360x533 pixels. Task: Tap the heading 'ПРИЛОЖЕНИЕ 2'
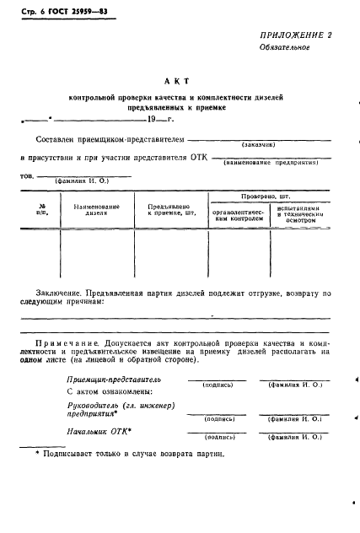[295, 58]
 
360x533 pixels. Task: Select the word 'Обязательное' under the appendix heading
[285, 71]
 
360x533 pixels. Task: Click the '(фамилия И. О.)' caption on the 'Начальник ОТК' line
[294, 438]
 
